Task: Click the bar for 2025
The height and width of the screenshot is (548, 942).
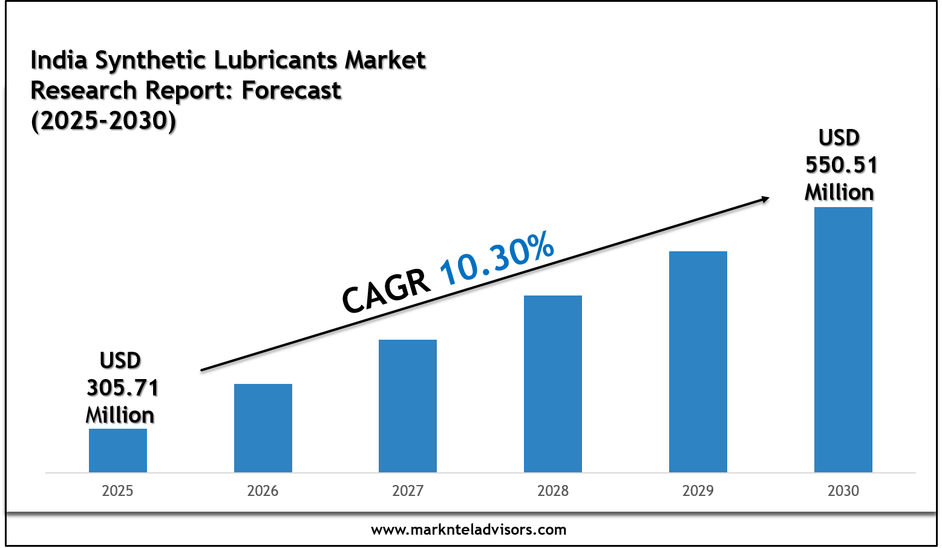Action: point(118,451)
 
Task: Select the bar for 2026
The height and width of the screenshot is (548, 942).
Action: point(263,428)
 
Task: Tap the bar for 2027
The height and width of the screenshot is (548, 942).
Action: point(408,406)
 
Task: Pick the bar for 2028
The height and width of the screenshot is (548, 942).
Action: point(553,384)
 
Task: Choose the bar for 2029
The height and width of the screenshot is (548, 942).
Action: point(698,361)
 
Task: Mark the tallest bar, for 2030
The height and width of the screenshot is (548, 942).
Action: point(843,340)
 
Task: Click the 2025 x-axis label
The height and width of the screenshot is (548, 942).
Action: point(117,490)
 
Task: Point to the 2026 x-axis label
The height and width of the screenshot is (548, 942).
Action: point(263,490)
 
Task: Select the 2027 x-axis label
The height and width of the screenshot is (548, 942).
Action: point(408,490)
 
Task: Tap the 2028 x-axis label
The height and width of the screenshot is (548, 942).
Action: point(553,490)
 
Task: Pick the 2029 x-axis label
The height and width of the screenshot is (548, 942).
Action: point(698,490)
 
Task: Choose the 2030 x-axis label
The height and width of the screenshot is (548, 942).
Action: point(843,490)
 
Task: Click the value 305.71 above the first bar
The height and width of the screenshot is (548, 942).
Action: point(123,388)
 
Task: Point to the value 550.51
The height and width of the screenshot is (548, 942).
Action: point(841,165)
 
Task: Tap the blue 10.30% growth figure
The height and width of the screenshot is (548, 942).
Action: point(497,259)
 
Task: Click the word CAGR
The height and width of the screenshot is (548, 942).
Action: point(386,291)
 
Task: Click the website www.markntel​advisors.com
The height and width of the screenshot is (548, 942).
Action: point(469,530)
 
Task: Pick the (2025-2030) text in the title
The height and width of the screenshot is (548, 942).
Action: point(103,121)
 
